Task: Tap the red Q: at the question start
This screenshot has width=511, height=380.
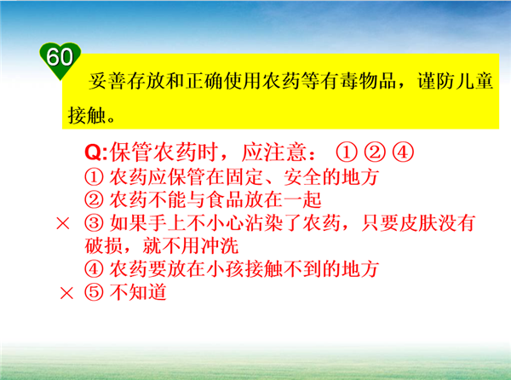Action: (95, 153)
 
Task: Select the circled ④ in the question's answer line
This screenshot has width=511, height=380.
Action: (403, 153)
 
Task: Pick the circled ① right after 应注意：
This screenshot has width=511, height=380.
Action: (347, 153)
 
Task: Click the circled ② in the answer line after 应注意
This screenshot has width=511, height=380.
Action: (375, 153)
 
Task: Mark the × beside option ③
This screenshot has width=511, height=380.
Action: (63, 223)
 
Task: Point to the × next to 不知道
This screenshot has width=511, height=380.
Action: (66, 293)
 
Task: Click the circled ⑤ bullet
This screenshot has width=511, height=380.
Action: (95, 292)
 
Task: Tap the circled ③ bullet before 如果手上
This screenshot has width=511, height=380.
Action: (95, 223)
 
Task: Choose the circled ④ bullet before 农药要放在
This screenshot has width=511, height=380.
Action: (95, 269)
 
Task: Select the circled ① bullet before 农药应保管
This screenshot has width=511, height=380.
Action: (95, 177)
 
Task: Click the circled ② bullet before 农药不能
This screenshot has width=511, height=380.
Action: (95, 199)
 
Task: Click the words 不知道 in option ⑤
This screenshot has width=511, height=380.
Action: (139, 292)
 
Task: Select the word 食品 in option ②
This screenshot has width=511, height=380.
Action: (225, 199)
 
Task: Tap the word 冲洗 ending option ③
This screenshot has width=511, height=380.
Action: (220, 245)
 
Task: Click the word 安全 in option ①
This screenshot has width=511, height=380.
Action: (302, 177)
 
